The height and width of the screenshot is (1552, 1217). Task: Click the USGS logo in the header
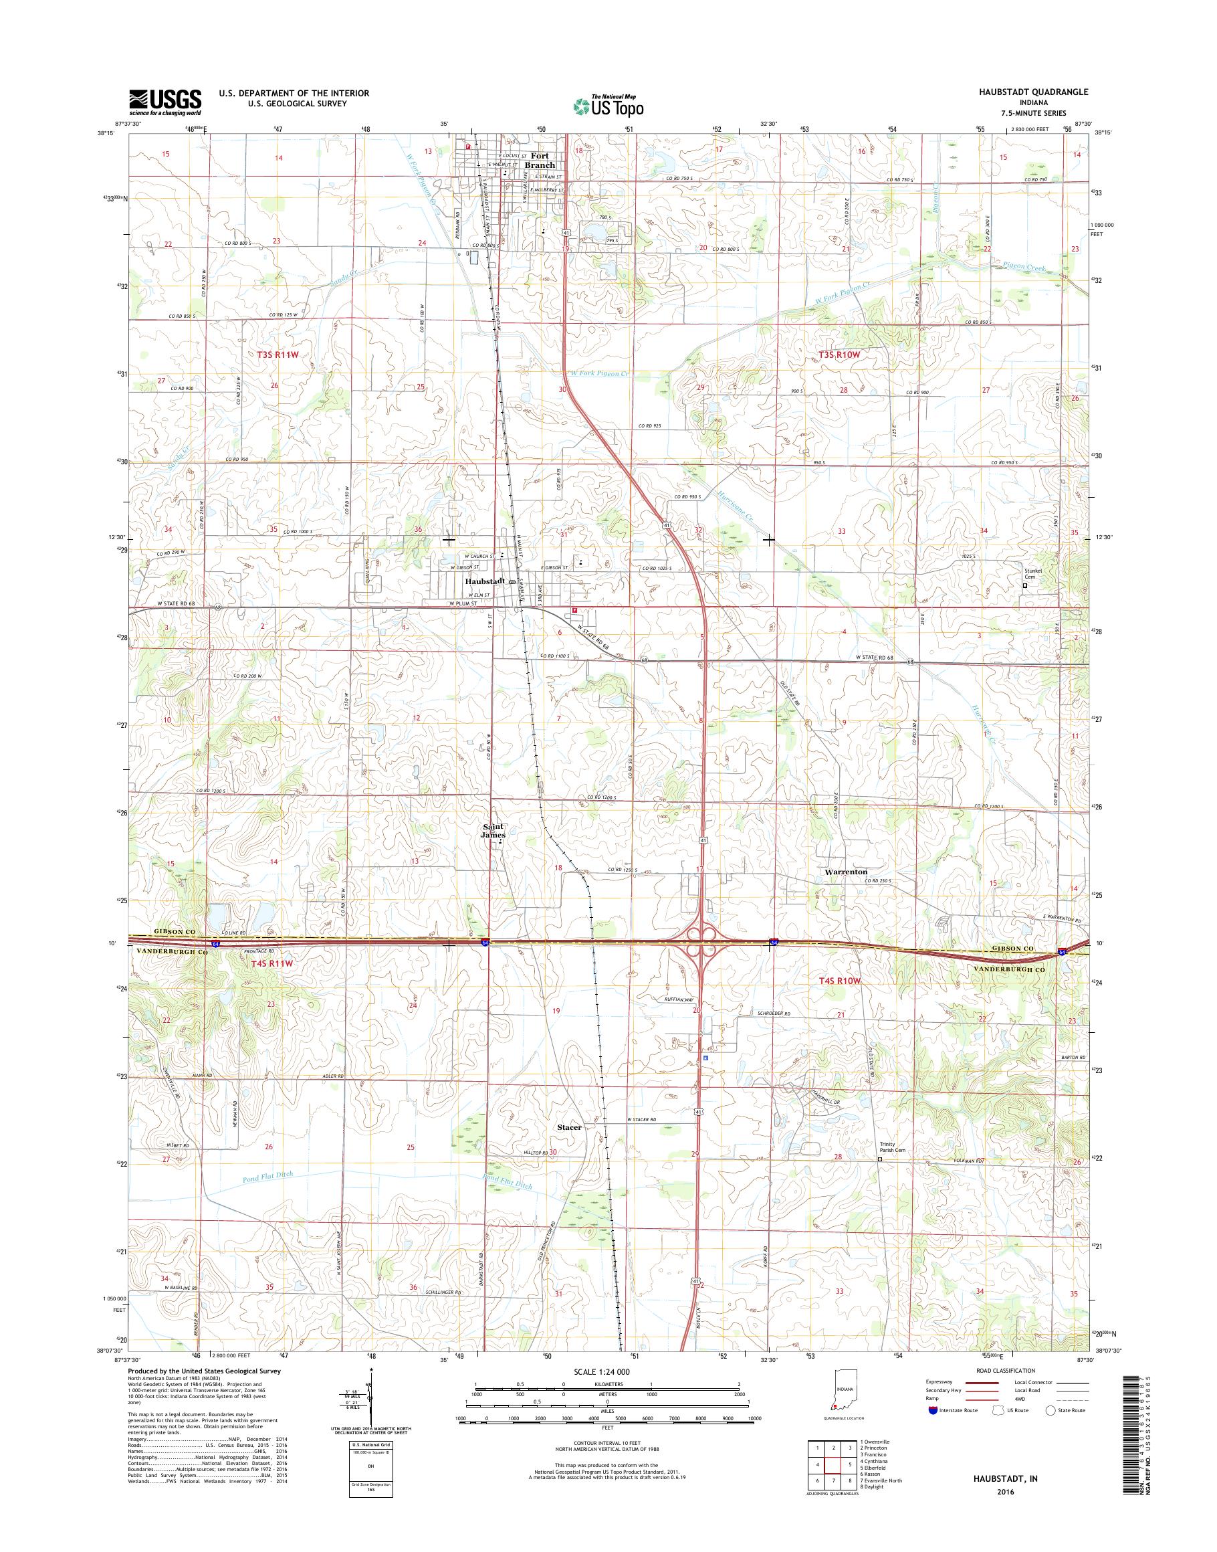[164, 102]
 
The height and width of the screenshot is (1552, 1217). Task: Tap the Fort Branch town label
[540, 161]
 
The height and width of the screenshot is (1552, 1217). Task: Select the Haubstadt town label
[485, 581]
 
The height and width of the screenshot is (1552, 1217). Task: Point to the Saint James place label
[493, 831]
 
